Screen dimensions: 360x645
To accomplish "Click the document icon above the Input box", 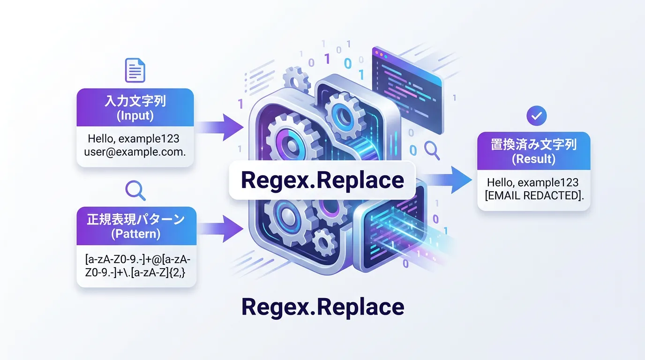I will tap(135, 70).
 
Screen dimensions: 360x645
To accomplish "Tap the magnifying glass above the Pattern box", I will tap(135, 190).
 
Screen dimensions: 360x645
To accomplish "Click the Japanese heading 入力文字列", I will tap(135, 101).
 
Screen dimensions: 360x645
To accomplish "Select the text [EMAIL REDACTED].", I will tap(533, 195).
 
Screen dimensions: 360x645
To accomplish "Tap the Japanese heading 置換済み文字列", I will tap(533, 144).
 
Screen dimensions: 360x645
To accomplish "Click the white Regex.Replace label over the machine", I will tap(322, 180).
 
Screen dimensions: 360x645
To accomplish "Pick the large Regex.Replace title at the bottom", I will tap(322, 307).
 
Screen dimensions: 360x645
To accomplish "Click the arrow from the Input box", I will tap(220, 126).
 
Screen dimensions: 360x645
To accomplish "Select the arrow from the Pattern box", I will tap(220, 228).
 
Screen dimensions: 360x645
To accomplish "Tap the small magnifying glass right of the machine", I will tap(431, 150).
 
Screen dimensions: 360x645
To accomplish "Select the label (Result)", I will tap(533, 159).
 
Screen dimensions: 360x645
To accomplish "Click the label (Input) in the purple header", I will tap(135, 115).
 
